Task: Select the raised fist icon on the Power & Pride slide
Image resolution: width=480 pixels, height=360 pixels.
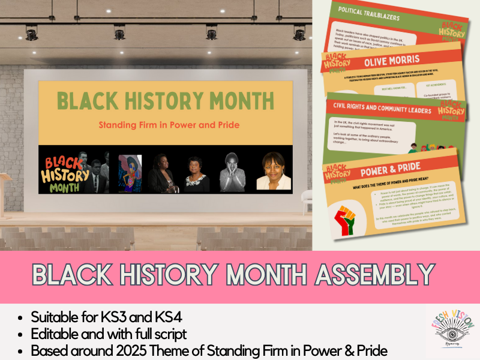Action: (x=348, y=219)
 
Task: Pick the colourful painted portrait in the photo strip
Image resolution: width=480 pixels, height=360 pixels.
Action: (x=130, y=173)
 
